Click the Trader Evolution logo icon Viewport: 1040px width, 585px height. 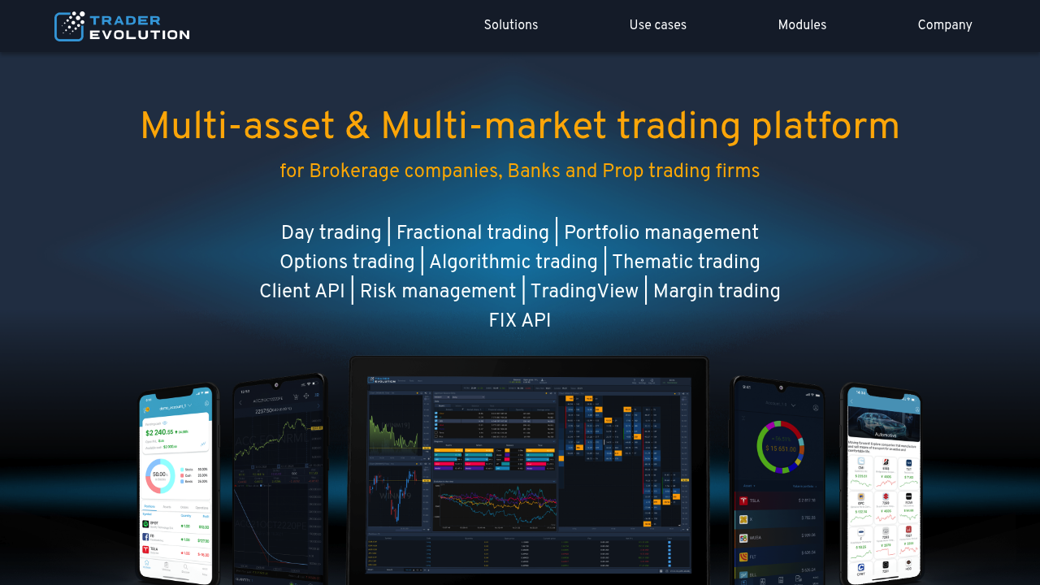[x=70, y=26]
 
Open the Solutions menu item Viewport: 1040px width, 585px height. [x=511, y=25]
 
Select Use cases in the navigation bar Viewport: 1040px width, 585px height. [x=658, y=25]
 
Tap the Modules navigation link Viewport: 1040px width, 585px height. [x=802, y=25]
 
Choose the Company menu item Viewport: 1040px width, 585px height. [x=945, y=25]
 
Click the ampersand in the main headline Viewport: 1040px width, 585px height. [x=357, y=127]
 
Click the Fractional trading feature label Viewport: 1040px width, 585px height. [x=473, y=233]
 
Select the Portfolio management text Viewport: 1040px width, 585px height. [x=661, y=233]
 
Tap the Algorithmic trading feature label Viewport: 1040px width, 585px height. [x=513, y=262]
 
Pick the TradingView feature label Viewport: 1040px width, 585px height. [x=585, y=292]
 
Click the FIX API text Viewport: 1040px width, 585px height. [x=520, y=321]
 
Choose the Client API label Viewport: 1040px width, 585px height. [x=302, y=292]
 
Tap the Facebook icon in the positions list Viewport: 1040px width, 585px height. [x=145, y=537]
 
